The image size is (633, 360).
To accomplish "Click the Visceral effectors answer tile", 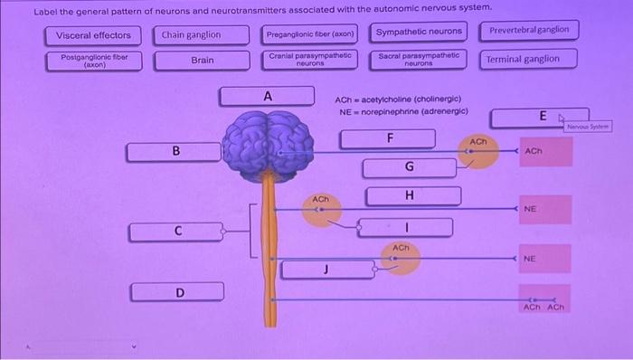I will [93, 35].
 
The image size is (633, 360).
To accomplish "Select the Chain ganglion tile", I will [191, 35].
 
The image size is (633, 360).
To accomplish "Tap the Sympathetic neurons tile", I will [418, 32].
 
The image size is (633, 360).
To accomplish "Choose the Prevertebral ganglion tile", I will [529, 30].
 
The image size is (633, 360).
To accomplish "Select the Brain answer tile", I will [202, 61].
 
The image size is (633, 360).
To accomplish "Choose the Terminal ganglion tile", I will [522, 59].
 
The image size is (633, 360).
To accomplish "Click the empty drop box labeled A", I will [267, 96].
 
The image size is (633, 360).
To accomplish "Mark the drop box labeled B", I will [175, 151].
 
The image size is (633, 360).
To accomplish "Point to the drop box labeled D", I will [178, 292].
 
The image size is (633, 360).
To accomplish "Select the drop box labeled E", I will [542, 117].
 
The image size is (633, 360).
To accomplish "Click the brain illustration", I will [269, 143].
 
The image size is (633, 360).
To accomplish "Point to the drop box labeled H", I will [409, 195].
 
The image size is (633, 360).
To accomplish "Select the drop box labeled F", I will [389, 138].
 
